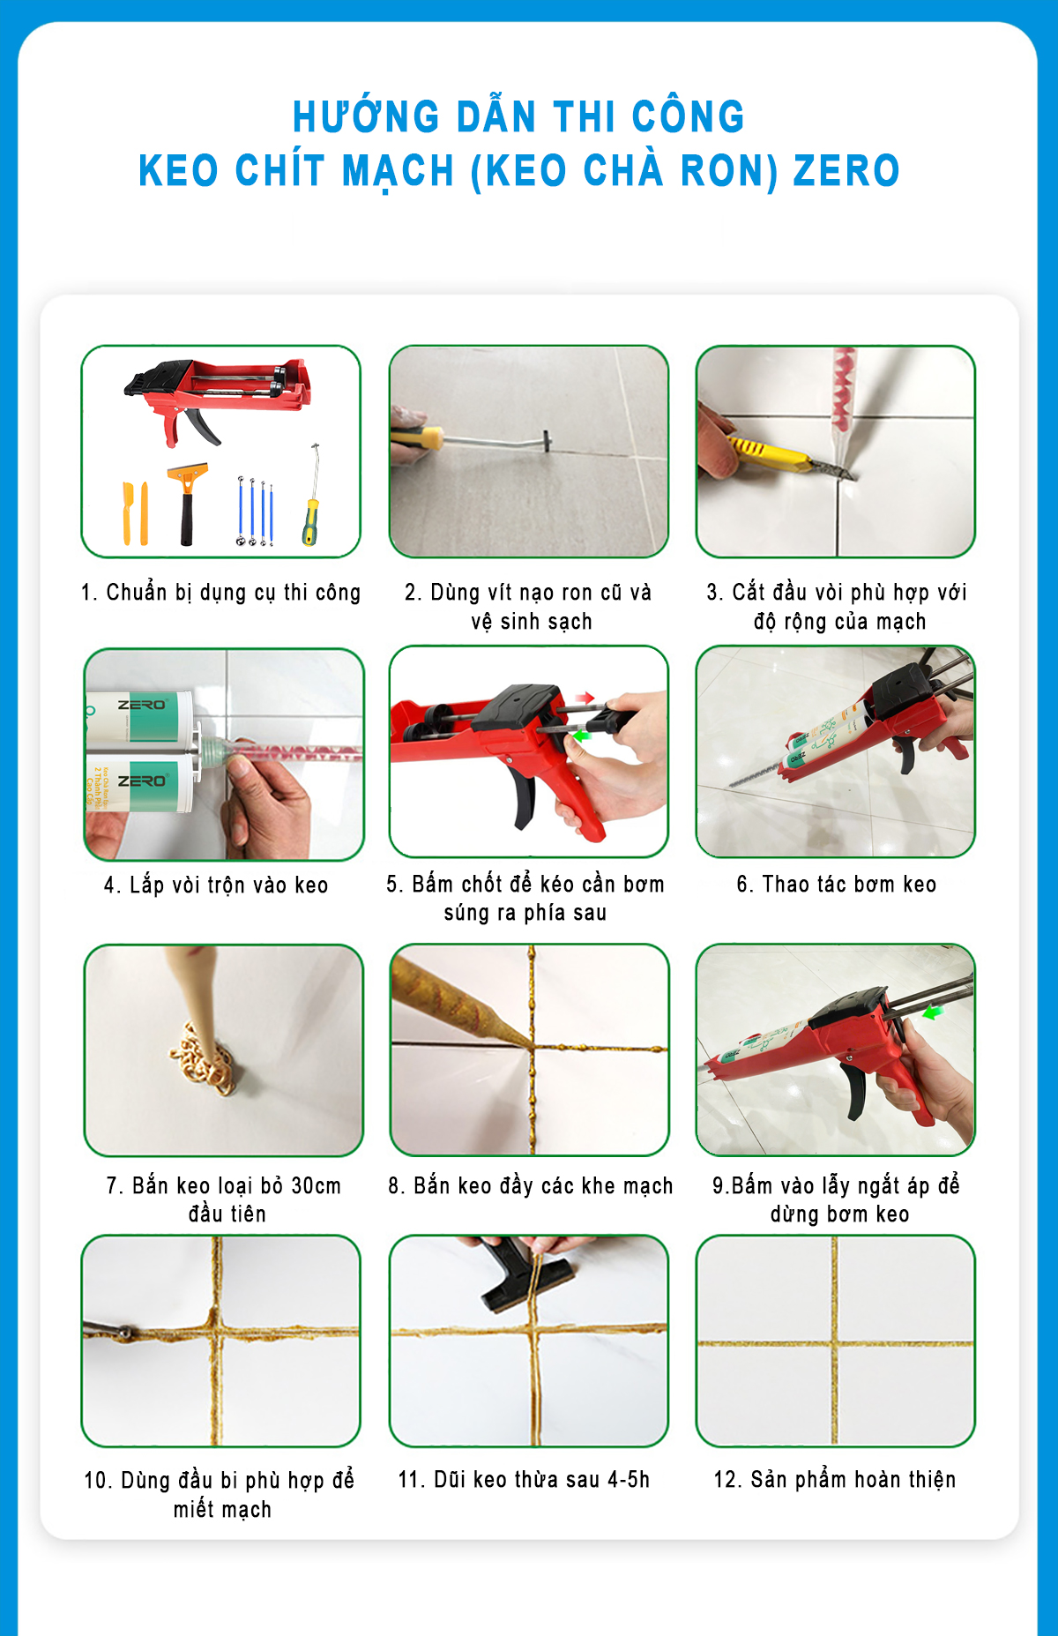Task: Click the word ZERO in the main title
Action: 846,170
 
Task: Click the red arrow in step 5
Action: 585,698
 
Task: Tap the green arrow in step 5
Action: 579,734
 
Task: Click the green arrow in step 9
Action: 932,1013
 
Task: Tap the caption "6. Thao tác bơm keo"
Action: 837,885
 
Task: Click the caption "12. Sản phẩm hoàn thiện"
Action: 835,1479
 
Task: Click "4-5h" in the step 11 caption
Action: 628,1479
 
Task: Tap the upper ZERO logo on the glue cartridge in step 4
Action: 142,706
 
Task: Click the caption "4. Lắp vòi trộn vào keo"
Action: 216,885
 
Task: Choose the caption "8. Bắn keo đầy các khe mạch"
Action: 531,1186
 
